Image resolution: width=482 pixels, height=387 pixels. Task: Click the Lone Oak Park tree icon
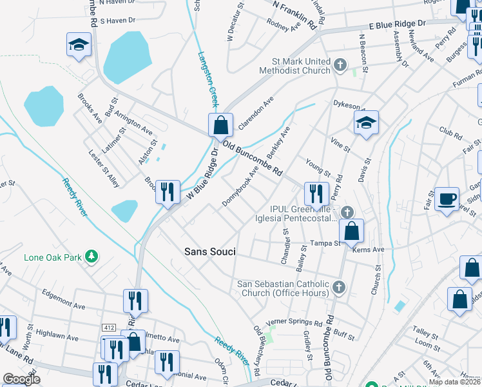(92, 256)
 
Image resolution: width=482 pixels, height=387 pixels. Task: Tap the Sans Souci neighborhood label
(210, 252)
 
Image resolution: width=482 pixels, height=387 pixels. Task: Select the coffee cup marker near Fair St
(446, 199)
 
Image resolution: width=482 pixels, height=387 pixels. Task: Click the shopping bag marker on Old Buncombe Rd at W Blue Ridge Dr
(220, 124)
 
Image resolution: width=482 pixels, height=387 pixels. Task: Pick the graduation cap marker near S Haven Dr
(79, 45)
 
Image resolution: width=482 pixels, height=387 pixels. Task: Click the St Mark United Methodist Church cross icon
(341, 66)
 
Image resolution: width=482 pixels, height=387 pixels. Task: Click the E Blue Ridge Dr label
(398, 24)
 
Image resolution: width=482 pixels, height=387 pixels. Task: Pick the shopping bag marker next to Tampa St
(351, 231)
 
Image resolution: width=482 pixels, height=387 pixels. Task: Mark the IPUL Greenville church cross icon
(347, 212)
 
